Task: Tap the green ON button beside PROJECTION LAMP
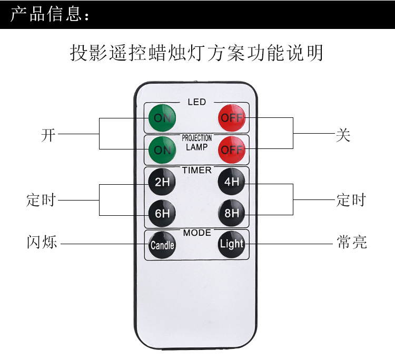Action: pyautogui.click(x=162, y=149)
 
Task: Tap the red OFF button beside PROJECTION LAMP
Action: pyautogui.click(x=232, y=149)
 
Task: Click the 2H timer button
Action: pyautogui.click(x=162, y=182)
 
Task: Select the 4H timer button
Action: pyautogui.click(x=232, y=182)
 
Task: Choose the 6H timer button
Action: pyautogui.click(x=162, y=213)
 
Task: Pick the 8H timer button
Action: pyautogui.click(x=232, y=213)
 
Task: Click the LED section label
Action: pyautogui.click(x=197, y=102)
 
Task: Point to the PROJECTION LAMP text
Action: pyautogui.click(x=197, y=143)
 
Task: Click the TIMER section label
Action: pyautogui.click(x=197, y=170)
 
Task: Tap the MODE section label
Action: pyautogui.click(x=197, y=233)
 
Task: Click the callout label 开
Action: pyautogui.click(x=48, y=135)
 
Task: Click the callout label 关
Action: pyautogui.click(x=343, y=135)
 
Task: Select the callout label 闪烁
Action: pyautogui.click(x=42, y=243)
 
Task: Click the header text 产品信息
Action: pyautogui.click(x=50, y=15)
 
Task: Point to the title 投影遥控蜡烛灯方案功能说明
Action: pyautogui.click(x=196, y=53)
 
